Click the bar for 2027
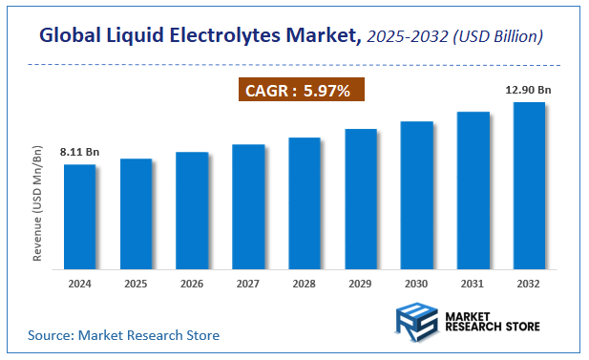tap(248, 205)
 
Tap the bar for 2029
tap(361, 198)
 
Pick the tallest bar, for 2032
tap(529, 184)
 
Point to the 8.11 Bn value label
tap(79, 153)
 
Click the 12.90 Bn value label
tap(528, 90)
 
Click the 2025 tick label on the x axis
tap(136, 283)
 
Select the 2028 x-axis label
tap(305, 283)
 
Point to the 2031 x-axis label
tap(473, 283)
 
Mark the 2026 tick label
tap(192, 283)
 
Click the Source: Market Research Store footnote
tap(123, 335)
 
